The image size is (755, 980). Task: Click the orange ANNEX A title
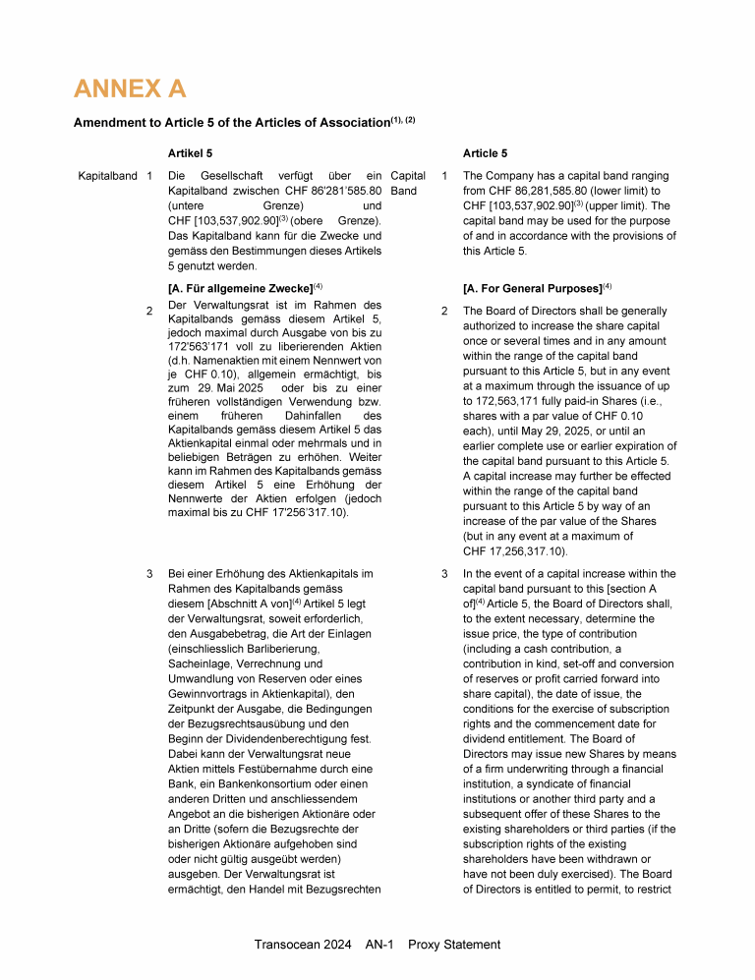point(130,89)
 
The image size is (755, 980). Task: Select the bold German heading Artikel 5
point(191,153)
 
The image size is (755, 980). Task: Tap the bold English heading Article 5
point(486,153)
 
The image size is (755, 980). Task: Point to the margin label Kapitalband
point(107,176)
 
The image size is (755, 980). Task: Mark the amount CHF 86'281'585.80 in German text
point(333,192)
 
